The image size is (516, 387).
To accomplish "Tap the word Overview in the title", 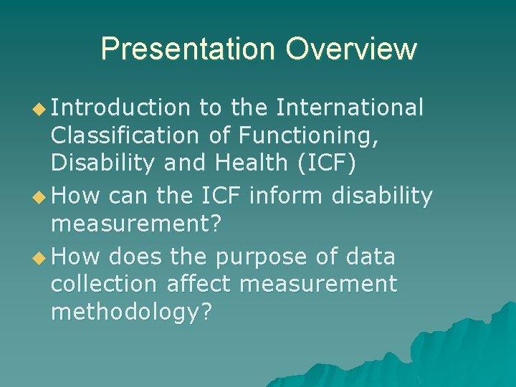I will (351, 49).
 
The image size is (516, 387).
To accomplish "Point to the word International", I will (350, 107).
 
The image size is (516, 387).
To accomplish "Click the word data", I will (368, 255).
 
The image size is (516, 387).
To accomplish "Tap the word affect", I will (199, 285).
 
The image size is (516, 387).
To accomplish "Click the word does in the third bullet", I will (135, 255).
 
